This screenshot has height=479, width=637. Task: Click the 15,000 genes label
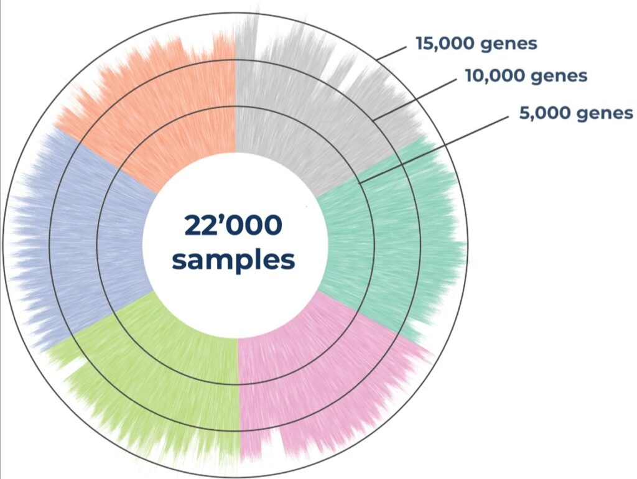click(x=476, y=44)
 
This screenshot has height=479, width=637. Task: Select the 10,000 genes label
click(x=526, y=76)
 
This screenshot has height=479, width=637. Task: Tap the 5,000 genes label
click(x=575, y=113)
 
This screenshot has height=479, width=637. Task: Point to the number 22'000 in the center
click(x=233, y=225)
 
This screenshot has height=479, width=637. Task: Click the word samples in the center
click(x=233, y=259)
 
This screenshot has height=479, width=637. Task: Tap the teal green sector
click(x=386, y=243)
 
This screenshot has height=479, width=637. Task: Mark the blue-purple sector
click(x=81, y=243)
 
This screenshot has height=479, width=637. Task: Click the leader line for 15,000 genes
click(x=393, y=52)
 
